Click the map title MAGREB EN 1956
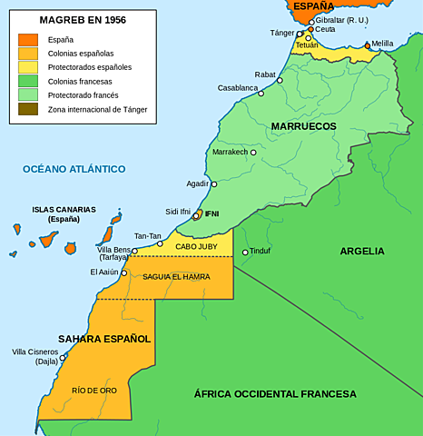pyautogui.click(x=83, y=19)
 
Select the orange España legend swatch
pyautogui.click(x=28, y=39)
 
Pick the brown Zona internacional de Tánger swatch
pyautogui.click(x=28, y=109)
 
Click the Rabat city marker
pyautogui.click(x=280, y=80)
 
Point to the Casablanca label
pyautogui.click(x=237, y=88)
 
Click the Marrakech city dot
pyautogui.click(x=253, y=153)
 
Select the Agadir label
pyautogui.click(x=197, y=183)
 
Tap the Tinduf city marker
pyautogui.click(x=245, y=252)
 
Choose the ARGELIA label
pyautogui.click(x=362, y=251)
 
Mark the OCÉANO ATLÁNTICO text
pyautogui.click(x=74, y=169)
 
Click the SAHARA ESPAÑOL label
pyautogui.click(x=104, y=339)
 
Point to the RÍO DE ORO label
pyautogui.click(x=93, y=390)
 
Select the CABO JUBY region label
pyautogui.click(x=197, y=246)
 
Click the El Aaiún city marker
pyautogui.click(x=124, y=272)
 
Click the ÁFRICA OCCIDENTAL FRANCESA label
pyautogui.click(x=275, y=394)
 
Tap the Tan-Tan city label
pyautogui.click(x=147, y=236)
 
